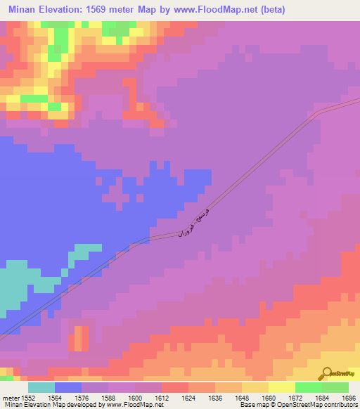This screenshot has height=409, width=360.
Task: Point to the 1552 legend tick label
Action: (x=27, y=398)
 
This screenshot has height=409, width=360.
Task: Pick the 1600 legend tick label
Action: (x=134, y=398)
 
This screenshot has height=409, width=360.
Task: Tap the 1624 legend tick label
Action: (x=188, y=398)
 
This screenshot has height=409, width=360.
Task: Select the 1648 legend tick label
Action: (x=241, y=398)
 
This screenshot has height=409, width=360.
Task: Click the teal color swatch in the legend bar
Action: (x=41, y=387)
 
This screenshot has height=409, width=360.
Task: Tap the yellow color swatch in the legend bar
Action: (x=282, y=387)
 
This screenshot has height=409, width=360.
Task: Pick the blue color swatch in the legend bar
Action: (x=68, y=387)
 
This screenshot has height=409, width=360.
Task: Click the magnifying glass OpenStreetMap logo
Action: (x=327, y=373)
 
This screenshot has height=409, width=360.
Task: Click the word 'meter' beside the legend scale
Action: (x=9, y=398)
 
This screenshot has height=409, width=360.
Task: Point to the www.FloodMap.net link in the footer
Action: (x=136, y=405)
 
